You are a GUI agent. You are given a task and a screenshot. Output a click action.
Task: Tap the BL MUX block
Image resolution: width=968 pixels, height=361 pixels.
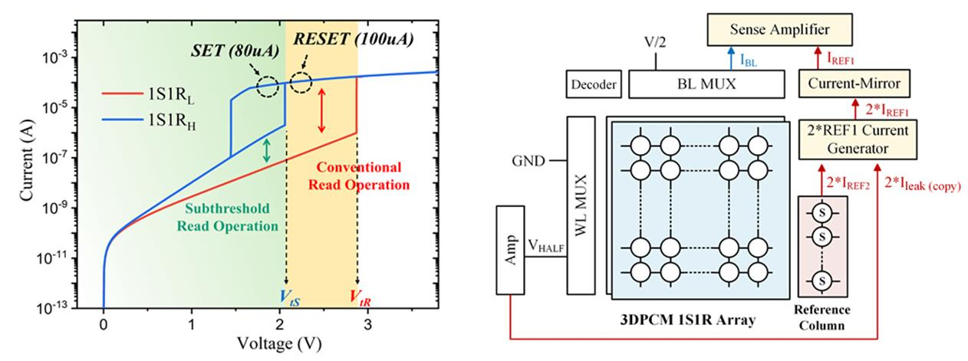coord(706,83)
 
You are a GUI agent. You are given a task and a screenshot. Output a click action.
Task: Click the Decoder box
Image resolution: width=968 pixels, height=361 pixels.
coord(593,84)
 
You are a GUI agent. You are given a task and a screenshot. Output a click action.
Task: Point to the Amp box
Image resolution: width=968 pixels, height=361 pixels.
coord(509,249)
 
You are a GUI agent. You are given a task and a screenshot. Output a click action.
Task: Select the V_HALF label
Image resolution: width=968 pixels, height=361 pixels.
coord(545,246)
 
